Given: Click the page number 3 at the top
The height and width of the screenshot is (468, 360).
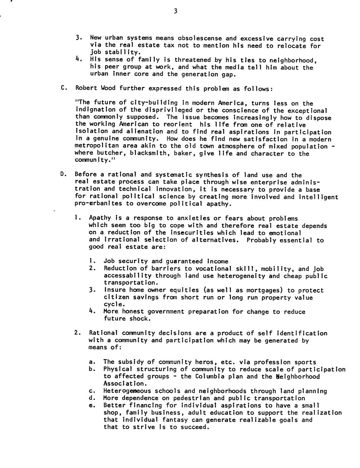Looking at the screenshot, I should coord(175,11).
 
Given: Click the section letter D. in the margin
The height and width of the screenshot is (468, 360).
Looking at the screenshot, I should coord(63,175).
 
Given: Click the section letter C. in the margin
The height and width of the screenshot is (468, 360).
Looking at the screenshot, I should coord(63,88).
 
